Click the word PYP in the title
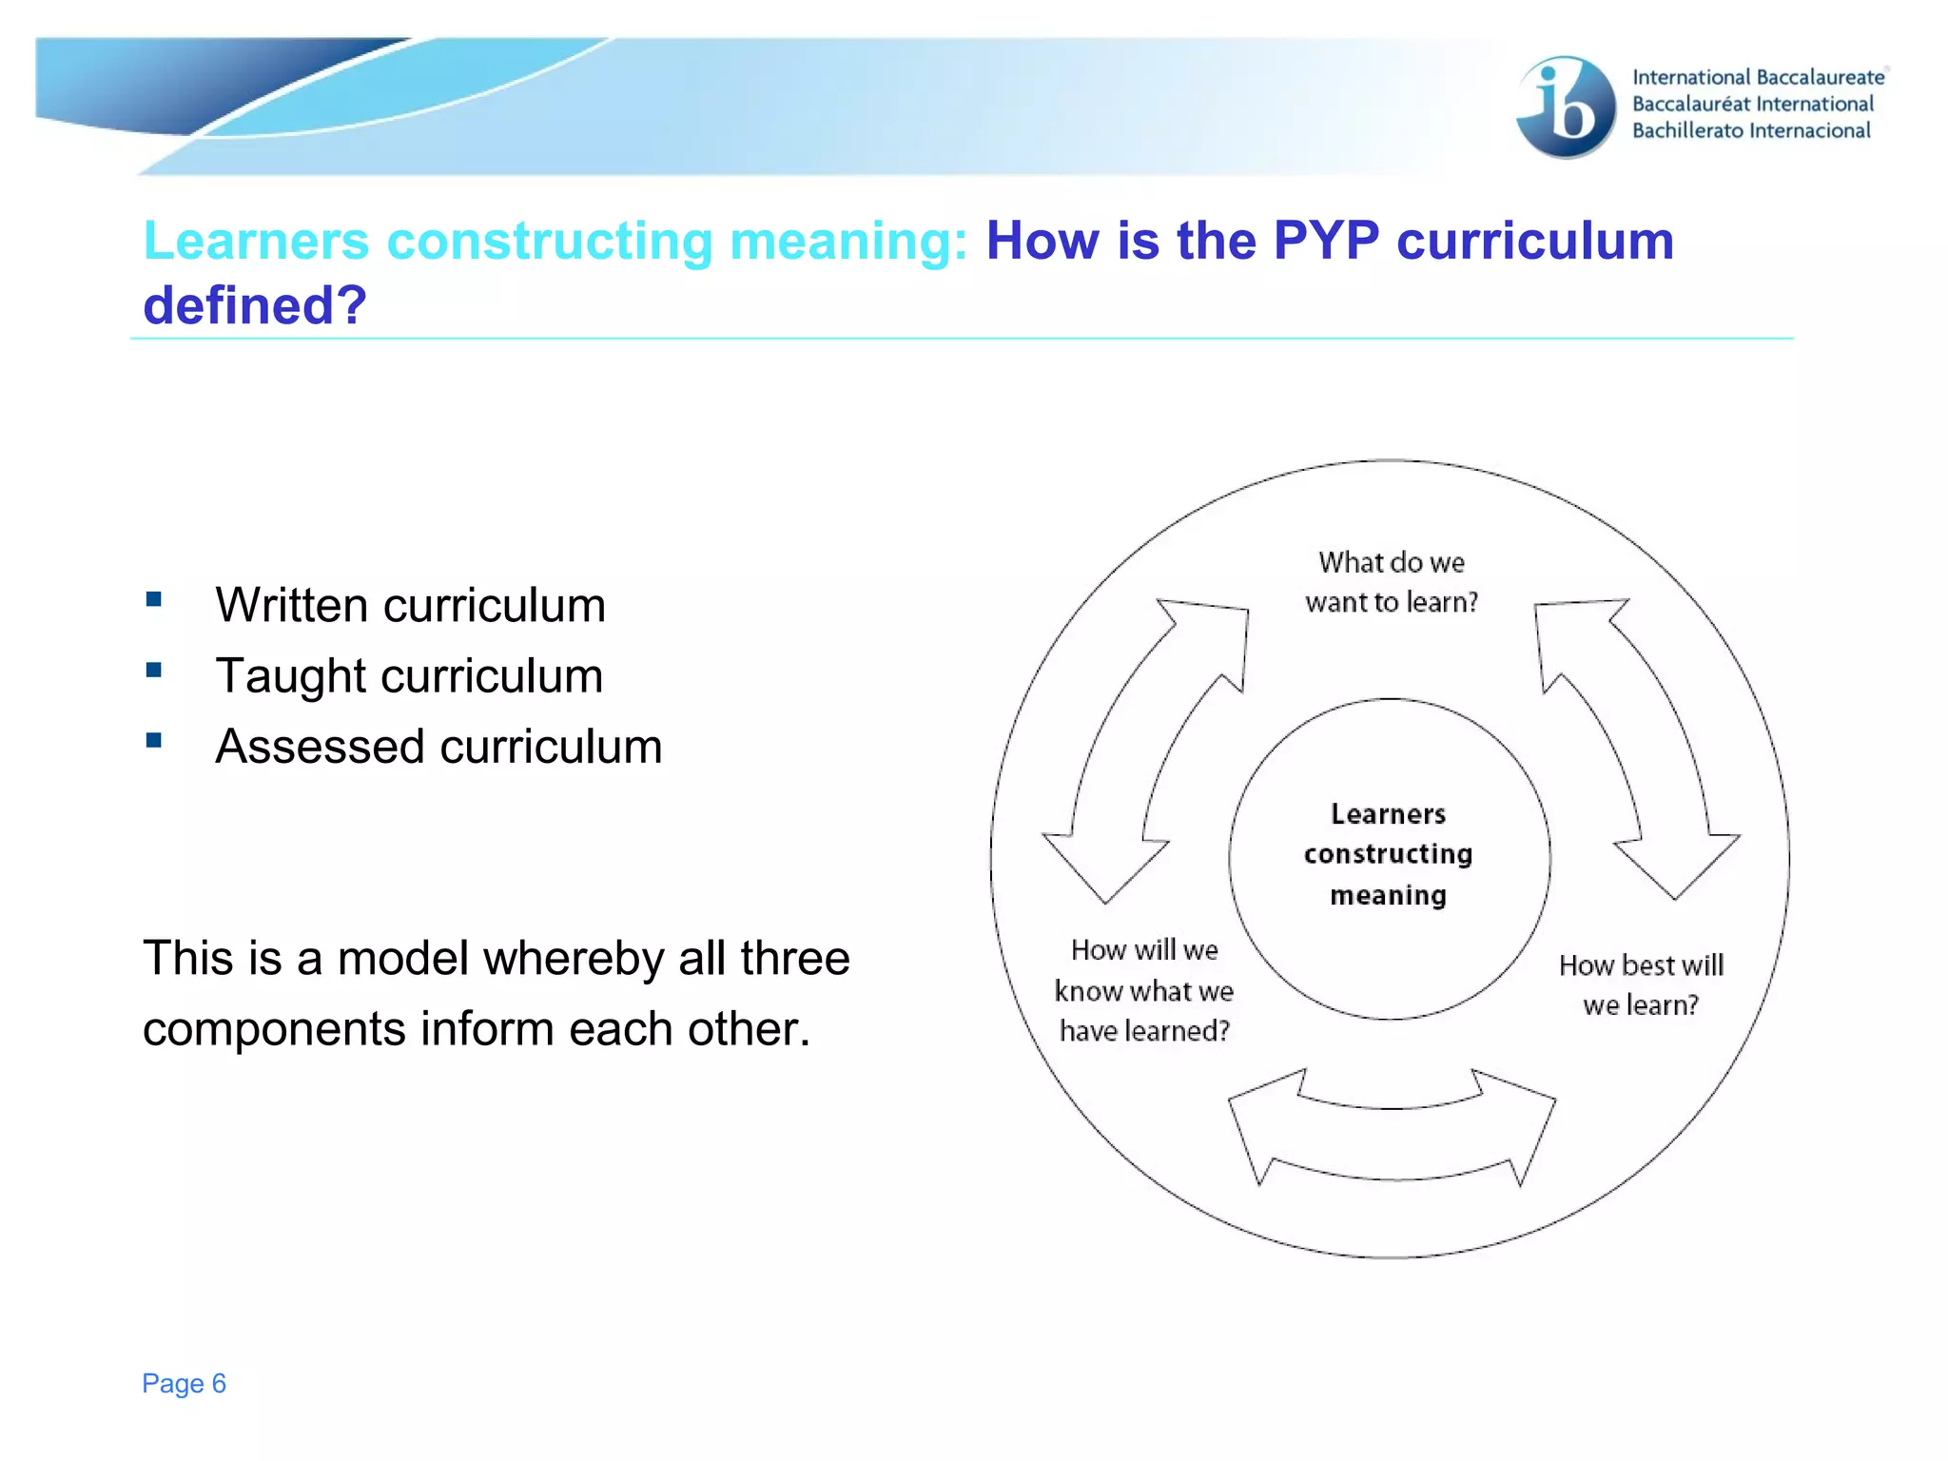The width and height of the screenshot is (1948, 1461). pyautogui.click(x=1326, y=241)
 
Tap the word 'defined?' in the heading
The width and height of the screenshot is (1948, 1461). pyautogui.click(x=255, y=305)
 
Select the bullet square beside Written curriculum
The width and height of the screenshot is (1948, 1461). pyautogui.click(x=154, y=599)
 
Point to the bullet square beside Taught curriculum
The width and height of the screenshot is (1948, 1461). pyautogui.click(x=154, y=670)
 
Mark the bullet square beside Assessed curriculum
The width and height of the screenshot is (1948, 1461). pyautogui.click(x=154, y=740)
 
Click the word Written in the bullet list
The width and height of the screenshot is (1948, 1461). pyautogui.click(x=291, y=605)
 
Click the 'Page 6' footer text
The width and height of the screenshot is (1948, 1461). pyautogui.click(x=184, y=1383)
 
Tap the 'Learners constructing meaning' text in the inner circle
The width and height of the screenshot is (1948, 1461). pyautogui.click(x=1389, y=854)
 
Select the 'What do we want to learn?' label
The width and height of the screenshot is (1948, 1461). pyautogui.click(x=1392, y=582)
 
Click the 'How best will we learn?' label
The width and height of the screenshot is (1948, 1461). pyautogui.click(x=1641, y=984)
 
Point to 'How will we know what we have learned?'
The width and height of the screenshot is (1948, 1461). pyautogui.click(x=1144, y=990)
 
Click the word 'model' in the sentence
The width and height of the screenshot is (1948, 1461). pyautogui.click(x=402, y=958)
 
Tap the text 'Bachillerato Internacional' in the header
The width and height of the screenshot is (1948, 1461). pyautogui.click(x=1751, y=130)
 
